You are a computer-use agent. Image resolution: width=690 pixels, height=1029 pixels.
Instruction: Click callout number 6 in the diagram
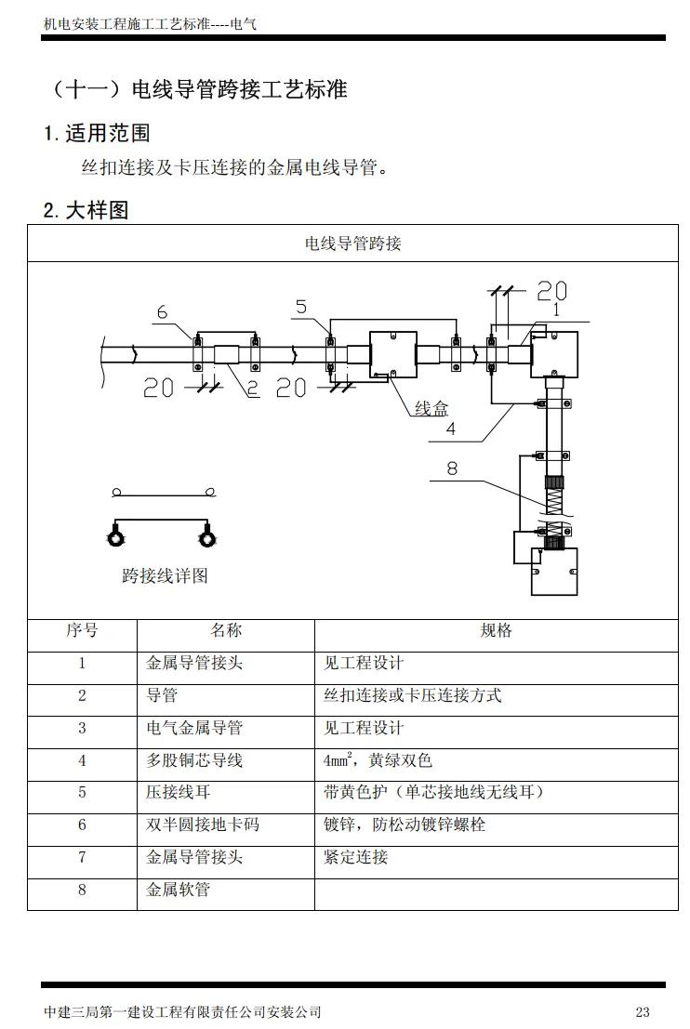pos(162,312)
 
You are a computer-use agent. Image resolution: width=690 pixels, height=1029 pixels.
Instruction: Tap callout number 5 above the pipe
pos(301,307)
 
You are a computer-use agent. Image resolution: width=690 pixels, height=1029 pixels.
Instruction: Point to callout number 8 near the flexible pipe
pos(452,468)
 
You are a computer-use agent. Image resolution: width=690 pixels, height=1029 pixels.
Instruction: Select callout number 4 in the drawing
pos(450,429)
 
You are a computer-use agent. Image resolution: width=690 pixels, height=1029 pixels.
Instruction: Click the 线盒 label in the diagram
pos(431,409)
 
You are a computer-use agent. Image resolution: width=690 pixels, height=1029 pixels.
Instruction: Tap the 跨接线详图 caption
pos(165,575)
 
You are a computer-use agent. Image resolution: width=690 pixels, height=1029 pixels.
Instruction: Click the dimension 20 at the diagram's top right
pos(551,291)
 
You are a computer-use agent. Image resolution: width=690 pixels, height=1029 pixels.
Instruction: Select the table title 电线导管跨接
pos(352,244)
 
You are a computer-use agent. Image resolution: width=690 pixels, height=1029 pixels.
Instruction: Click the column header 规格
pos(496,631)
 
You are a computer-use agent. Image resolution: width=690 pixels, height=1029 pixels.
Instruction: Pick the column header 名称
pos(226,631)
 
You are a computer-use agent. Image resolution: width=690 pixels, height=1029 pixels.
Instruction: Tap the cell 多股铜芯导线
pos(194,760)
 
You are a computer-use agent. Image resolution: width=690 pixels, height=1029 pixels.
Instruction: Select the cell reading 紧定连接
pos(355,857)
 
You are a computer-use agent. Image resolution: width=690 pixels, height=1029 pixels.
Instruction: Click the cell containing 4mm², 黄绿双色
pos(378,760)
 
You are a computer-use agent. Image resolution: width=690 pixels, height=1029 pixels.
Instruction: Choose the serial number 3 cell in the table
pos(82,728)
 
